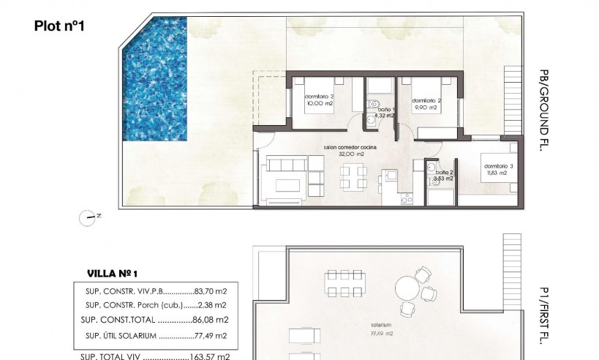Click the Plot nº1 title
tap(61, 26)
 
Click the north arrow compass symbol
tap(91, 216)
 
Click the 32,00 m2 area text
tap(351, 154)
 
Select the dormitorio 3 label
tap(499, 166)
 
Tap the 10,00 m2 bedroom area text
tap(320, 103)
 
